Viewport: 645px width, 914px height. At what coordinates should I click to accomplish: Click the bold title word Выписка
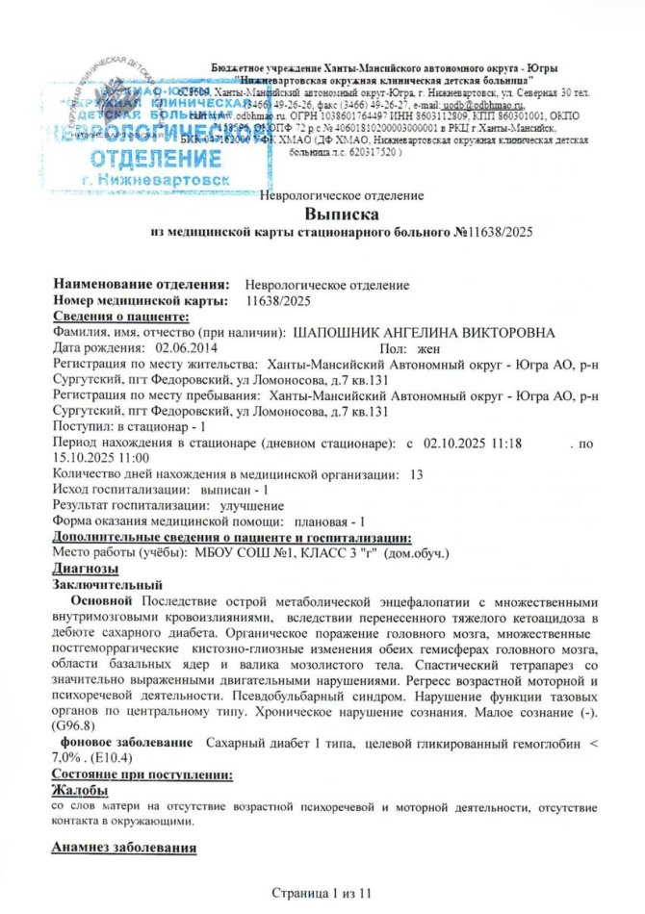point(342,214)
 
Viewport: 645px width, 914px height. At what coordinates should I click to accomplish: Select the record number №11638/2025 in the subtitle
point(493,233)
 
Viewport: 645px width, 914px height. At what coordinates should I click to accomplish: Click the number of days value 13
point(417,474)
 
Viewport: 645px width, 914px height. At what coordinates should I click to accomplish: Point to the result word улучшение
point(252,505)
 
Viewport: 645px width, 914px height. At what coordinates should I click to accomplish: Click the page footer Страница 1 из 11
point(322,896)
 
